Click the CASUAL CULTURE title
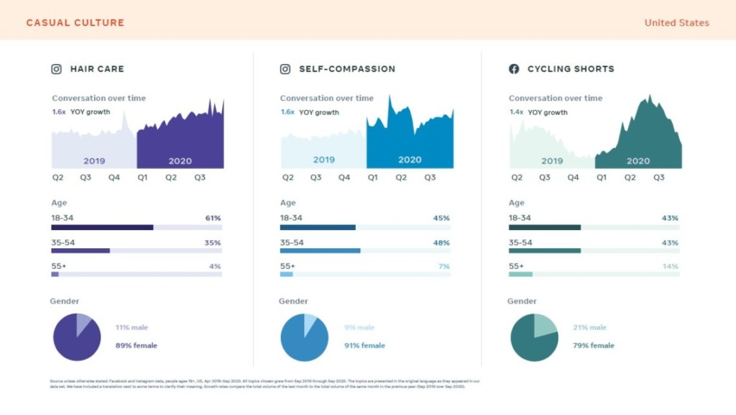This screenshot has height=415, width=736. tap(75, 23)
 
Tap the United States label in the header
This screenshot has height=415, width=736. tap(676, 23)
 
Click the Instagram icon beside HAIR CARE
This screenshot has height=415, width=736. tap(56, 69)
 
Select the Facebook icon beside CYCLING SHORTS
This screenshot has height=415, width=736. tap(514, 69)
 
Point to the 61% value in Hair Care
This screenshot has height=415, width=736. tap(213, 218)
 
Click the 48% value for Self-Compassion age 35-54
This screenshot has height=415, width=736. tap(441, 243)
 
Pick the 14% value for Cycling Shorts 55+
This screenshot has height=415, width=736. tap(670, 267)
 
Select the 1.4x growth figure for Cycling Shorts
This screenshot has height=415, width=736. tap(516, 112)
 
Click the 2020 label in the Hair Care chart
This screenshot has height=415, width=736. tap(180, 161)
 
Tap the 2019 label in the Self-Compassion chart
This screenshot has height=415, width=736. tap(323, 160)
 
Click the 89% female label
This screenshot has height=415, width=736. tap(136, 346)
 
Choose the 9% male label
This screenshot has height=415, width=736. tap(359, 328)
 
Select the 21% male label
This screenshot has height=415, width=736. tap(589, 328)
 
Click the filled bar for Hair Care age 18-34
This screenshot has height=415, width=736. tap(102, 227)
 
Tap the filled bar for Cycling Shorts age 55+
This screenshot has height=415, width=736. tap(520, 274)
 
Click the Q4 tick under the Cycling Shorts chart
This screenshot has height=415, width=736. tap(573, 178)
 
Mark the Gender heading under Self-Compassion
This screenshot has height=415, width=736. tap(293, 301)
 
